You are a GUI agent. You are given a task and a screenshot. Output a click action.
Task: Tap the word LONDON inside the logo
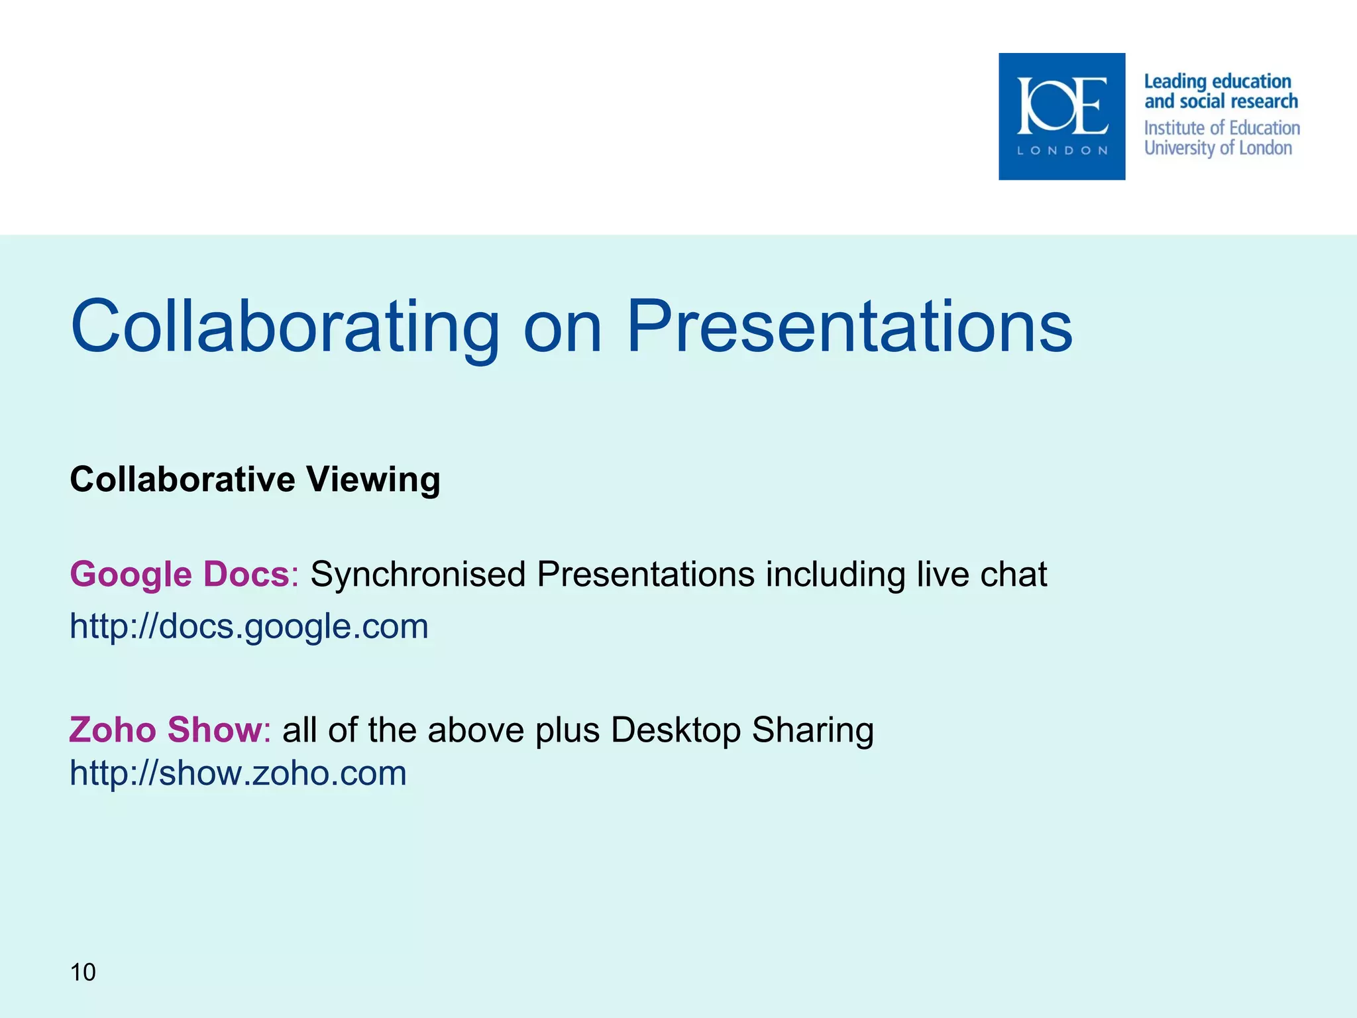1062,150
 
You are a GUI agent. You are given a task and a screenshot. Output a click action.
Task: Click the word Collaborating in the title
285,327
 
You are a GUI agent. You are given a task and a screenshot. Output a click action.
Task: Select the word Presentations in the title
849,327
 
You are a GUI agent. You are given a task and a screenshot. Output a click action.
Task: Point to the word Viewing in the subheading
373,480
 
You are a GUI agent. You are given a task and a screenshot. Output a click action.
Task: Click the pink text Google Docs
180,574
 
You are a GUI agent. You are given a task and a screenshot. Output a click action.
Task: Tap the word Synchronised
418,574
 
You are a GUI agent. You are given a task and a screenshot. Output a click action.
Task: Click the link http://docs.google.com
249,626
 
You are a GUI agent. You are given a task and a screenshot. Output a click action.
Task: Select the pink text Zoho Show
166,730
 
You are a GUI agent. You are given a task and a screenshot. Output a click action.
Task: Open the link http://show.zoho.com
238,773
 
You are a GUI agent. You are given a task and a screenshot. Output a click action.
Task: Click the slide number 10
83,972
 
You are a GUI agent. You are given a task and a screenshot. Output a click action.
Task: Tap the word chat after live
1013,574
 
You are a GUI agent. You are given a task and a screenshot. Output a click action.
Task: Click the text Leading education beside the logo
1217,82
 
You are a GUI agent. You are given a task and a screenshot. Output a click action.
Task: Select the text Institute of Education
1222,127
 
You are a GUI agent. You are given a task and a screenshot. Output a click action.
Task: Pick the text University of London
1218,148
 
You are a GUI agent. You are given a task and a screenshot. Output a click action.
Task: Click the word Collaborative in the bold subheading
182,480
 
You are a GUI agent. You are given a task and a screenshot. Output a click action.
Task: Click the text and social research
1221,101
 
